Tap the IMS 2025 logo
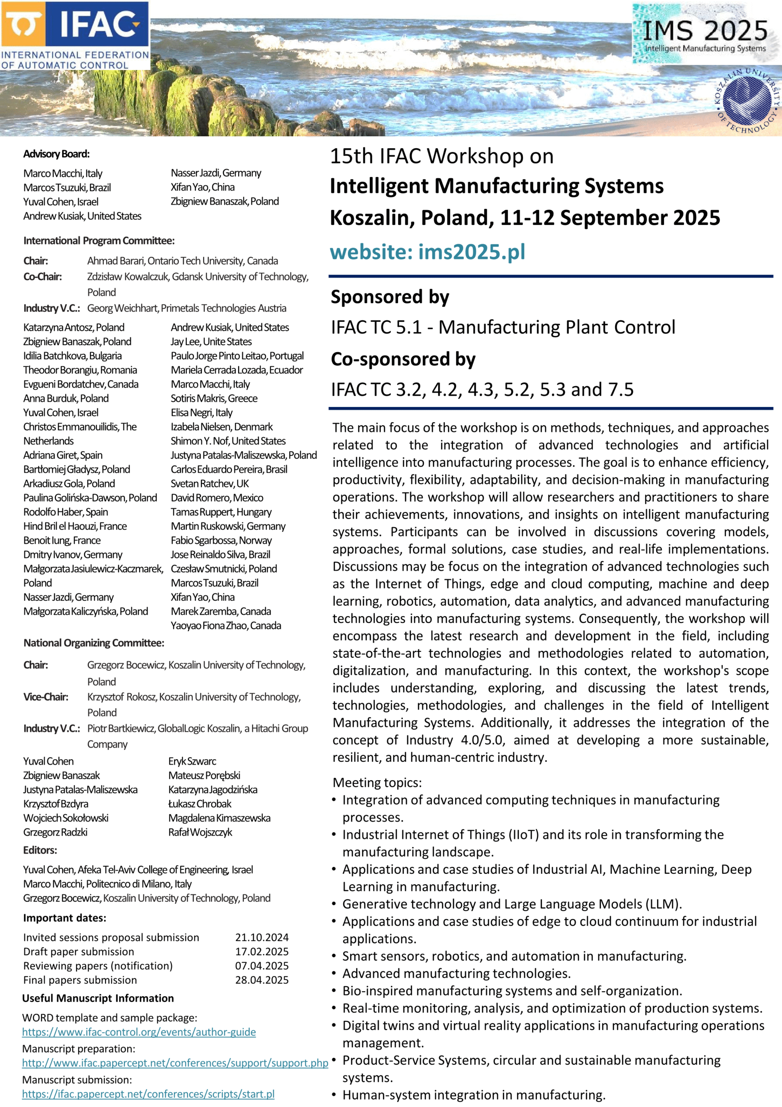705,34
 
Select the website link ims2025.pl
427,252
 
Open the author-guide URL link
139,1032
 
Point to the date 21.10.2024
262,937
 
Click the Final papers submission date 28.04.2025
262,980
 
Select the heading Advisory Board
56,154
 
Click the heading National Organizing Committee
94,643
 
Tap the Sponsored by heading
389,297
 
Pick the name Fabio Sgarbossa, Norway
221,541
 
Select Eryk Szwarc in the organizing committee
192,761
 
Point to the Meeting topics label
377,783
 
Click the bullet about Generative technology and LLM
511,904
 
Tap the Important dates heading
64,918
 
